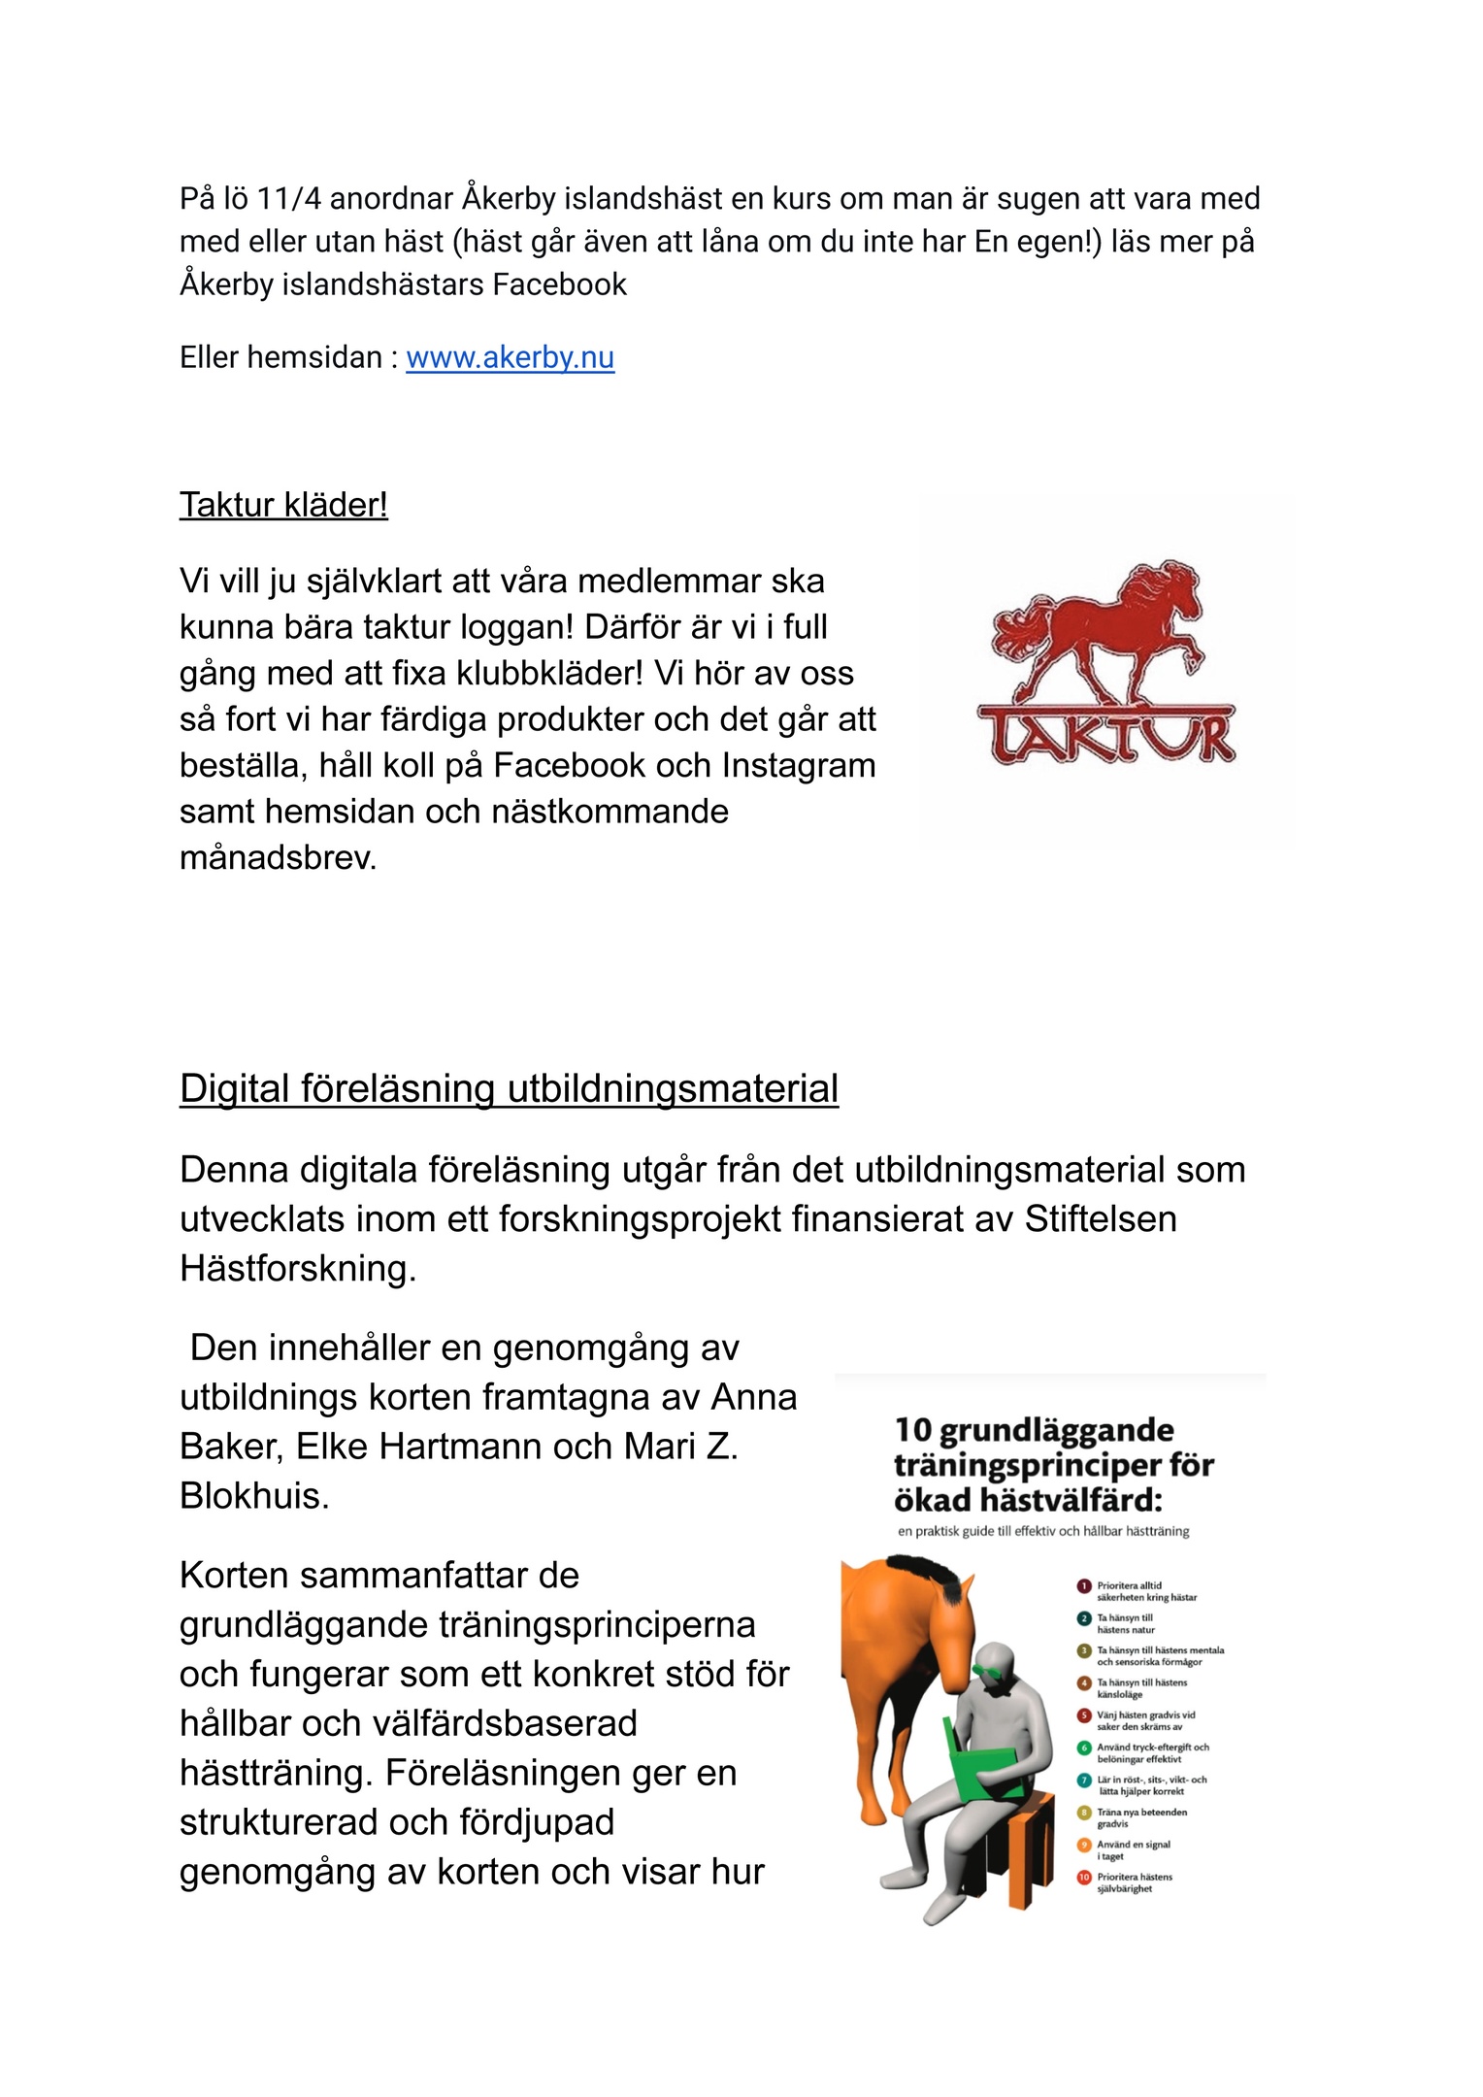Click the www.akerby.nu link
[x=510, y=358]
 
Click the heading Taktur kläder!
[x=283, y=506]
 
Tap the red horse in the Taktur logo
[x=1097, y=631]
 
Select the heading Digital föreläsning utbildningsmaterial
[x=509, y=1089]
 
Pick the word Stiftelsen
[x=1101, y=1219]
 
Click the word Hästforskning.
[x=297, y=1269]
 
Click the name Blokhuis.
[x=254, y=1497]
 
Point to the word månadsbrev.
[x=278, y=858]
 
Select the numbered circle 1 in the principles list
[x=1084, y=1586]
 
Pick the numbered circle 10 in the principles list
[x=1084, y=1878]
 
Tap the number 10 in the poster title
[x=913, y=1431]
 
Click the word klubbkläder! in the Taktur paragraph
[x=550, y=674]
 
